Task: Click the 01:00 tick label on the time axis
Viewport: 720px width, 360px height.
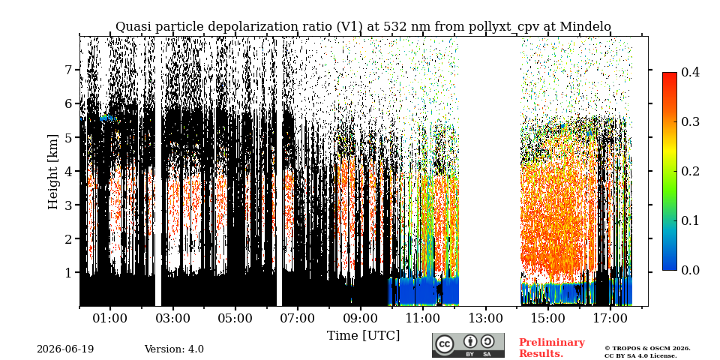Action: pyautogui.click(x=110, y=318)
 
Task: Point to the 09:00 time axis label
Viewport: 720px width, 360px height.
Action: pyautogui.click(x=360, y=318)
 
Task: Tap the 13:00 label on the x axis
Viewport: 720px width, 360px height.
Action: pyautogui.click(x=485, y=318)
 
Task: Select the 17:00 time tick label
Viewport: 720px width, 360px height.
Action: pyautogui.click(x=610, y=318)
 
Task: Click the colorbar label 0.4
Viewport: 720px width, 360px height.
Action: pyautogui.click(x=690, y=72)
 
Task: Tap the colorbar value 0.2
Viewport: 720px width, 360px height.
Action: pyautogui.click(x=690, y=171)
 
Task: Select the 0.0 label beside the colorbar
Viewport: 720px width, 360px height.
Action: pyautogui.click(x=690, y=270)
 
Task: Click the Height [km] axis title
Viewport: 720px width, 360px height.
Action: pyautogui.click(x=54, y=172)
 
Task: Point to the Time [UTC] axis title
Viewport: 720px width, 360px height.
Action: pyautogui.click(x=363, y=336)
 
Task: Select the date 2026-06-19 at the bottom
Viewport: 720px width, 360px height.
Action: pyautogui.click(x=65, y=349)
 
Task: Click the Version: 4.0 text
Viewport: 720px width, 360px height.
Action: pyautogui.click(x=174, y=349)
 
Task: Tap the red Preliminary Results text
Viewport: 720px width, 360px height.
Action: pyautogui.click(x=552, y=348)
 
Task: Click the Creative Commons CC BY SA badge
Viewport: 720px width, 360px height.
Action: pyautogui.click(x=468, y=345)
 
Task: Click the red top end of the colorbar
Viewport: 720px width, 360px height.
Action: pyautogui.click(x=670, y=73)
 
